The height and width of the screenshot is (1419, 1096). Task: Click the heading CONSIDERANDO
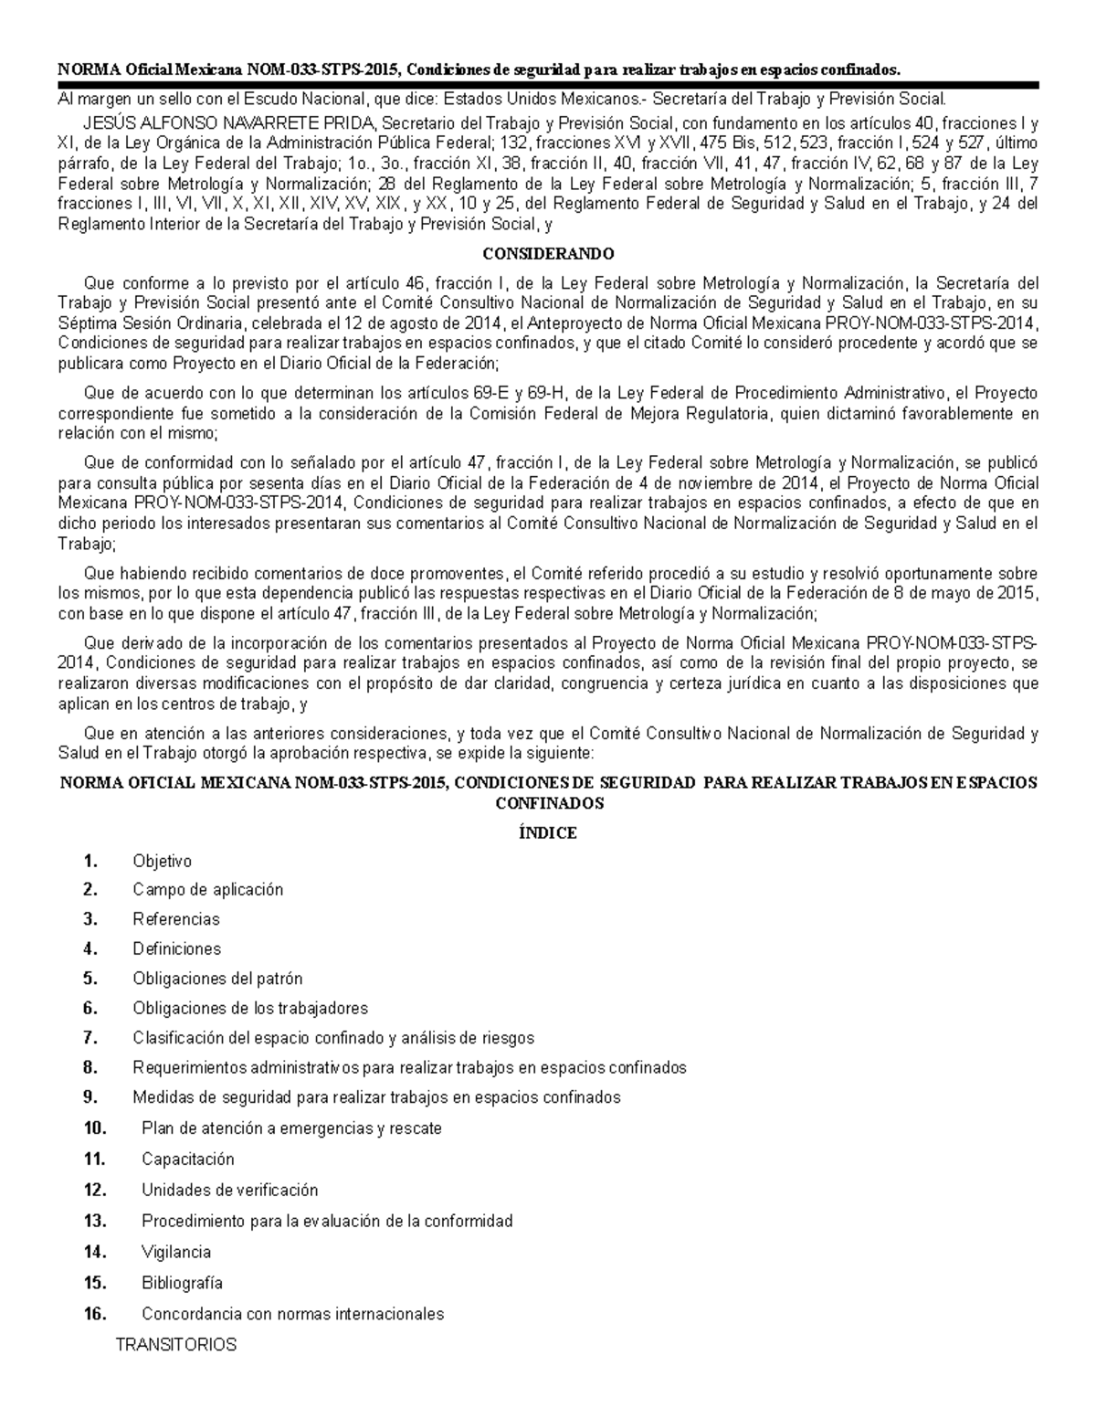[548, 253]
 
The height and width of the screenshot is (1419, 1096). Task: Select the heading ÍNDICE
[548, 833]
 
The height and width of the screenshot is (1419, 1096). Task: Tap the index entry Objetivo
[162, 861]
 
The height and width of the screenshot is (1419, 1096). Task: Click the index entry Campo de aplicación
[207, 889]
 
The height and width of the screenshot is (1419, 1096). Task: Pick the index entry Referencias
[176, 918]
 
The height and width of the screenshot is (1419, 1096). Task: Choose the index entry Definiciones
[176, 948]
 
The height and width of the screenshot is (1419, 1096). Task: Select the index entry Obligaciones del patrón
[217, 979]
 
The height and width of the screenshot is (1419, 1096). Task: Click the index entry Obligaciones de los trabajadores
[250, 1008]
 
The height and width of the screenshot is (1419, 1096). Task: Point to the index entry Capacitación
[188, 1159]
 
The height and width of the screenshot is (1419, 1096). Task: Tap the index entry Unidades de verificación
[229, 1190]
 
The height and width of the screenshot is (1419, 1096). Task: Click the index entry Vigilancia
[176, 1252]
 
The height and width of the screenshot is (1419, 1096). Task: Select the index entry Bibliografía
[182, 1282]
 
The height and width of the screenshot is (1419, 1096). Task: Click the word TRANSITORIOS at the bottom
[175, 1344]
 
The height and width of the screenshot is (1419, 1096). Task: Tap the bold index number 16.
[95, 1314]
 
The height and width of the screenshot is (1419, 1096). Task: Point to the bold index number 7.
[90, 1038]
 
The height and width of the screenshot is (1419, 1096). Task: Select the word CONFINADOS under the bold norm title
[548, 804]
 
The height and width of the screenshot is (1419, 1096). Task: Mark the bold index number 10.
[95, 1128]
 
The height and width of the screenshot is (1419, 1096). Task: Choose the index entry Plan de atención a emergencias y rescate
[291, 1128]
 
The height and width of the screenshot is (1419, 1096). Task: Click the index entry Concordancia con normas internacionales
[292, 1314]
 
